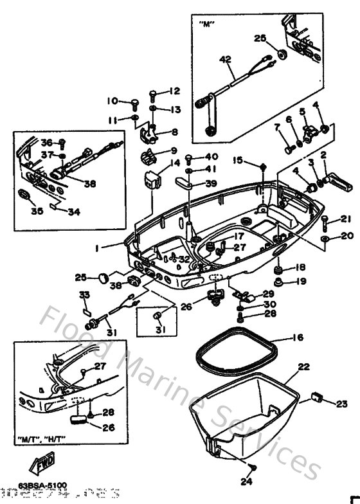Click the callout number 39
[x=212, y=183]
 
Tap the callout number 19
[x=301, y=282]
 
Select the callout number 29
[x=269, y=292]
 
